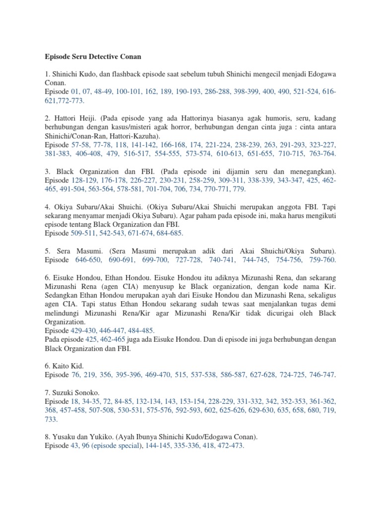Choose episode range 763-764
tap(322, 154)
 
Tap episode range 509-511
tap(85, 233)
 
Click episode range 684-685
tap(169, 233)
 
